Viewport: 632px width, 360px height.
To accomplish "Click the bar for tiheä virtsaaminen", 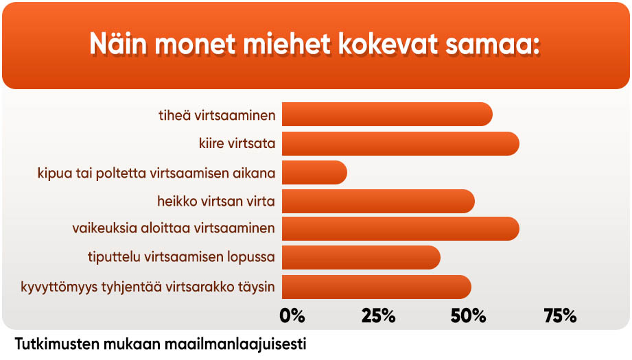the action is pos(387,115).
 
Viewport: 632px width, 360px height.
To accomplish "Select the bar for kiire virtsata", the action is pos(401,143).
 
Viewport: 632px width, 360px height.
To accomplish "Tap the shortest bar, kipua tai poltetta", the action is pos(314,173).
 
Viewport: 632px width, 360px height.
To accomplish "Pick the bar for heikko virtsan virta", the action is pos(378,202).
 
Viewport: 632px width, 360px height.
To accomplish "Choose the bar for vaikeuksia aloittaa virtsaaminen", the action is pos(401,229).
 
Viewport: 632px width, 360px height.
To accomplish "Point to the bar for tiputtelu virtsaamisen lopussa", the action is pos(361,257).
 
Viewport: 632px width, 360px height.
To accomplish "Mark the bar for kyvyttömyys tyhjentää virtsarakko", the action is pos(377,287).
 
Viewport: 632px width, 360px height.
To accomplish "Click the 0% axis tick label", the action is pos(292,316).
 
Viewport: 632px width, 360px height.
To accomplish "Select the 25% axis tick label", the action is pos(379,316).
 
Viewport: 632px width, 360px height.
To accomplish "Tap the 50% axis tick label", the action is pos(469,316).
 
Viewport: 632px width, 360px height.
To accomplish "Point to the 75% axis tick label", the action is pos(560,316).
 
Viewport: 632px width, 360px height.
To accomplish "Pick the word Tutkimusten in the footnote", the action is pos(57,344).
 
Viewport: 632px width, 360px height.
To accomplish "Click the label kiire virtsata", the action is pos(237,143).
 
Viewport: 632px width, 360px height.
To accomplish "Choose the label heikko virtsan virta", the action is pos(216,201).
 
